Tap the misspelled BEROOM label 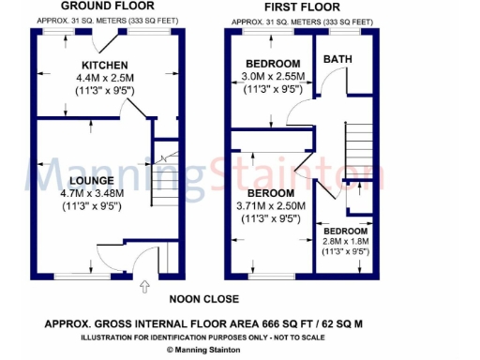point(272,191)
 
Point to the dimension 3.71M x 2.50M point(272,204)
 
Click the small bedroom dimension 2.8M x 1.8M point(346,241)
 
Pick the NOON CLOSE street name point(204,300)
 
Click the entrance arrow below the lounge point(143,287)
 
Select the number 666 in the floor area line point(264,323)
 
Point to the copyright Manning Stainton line point(207,349)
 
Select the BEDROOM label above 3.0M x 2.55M point(273,64)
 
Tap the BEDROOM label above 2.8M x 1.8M point(346,231)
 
